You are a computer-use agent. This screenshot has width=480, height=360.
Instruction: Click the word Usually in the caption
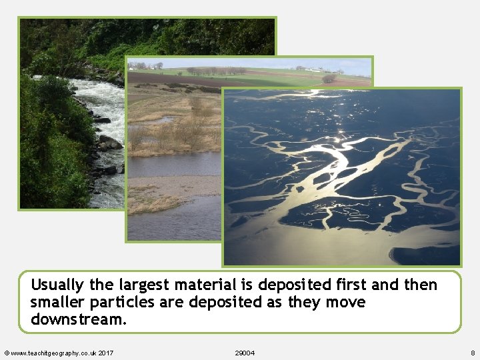coord(57,285)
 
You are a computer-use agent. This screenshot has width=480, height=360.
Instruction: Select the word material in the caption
coord(205,285)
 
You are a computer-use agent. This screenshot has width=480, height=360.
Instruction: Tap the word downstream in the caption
coord(77,319)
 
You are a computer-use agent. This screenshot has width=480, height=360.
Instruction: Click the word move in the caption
coord(346,303)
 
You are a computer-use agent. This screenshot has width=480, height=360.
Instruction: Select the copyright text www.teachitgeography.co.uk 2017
coord(59,352)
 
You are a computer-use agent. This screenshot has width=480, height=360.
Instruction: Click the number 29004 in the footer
coord(245,352)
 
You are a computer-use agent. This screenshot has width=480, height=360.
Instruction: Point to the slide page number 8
coord(472,352)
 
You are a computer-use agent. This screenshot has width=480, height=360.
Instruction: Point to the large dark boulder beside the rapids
coord(109,143)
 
